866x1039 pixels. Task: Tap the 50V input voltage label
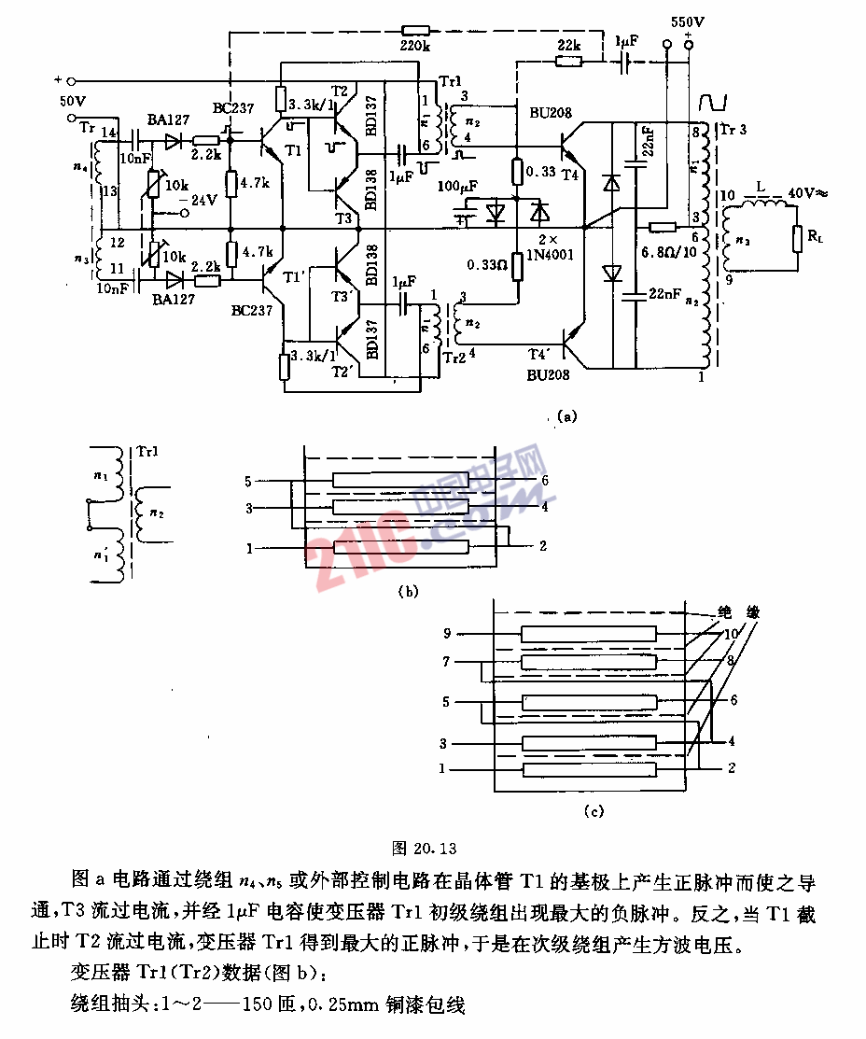[74, 100]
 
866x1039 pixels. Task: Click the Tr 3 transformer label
[733, 130]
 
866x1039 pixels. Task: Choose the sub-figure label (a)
[566, 416]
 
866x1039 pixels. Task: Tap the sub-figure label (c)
[594, 811]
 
